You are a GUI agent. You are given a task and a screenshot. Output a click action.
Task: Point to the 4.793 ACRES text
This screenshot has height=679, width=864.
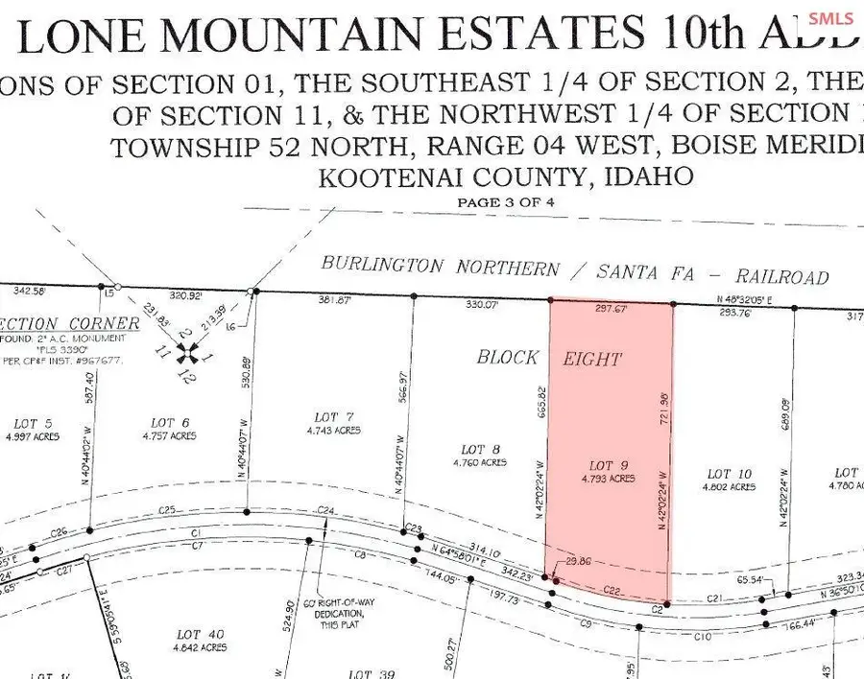coord(609,478)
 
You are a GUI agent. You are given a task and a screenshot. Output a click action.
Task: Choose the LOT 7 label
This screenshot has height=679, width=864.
coord(334,416)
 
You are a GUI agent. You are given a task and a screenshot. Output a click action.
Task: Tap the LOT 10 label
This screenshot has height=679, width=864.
coord(730,474)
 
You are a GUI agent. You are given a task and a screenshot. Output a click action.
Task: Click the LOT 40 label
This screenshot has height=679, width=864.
coord(201,634)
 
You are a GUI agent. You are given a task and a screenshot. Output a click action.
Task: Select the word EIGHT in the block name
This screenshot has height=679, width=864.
coord(593,360)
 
